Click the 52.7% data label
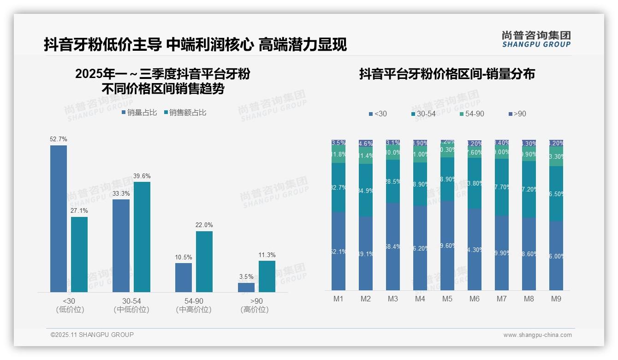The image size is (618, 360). (x=59, y=139)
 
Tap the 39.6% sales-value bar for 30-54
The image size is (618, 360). (x=142, y=237)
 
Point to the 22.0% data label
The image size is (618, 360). (x=204, y=225)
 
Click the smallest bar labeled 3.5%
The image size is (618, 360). (x=246, y=287)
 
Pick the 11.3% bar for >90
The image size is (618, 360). (x=267, y=276)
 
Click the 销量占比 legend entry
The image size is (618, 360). (x=139, y=113)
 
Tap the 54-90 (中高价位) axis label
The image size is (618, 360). (x=194, y=305)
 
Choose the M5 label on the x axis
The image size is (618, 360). (x=447, y=299)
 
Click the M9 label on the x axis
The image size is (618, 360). (x=556, y=299)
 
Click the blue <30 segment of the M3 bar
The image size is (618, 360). (x=393, y=246)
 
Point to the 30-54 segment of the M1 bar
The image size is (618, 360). (x=339, y=187)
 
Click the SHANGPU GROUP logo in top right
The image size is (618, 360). (x=536, y=39)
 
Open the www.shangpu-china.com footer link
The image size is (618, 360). (x=537, y=335)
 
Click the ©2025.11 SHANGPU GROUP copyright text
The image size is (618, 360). (x=92, y=335)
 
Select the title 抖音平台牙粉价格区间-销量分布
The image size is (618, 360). (x=447, y=74)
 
